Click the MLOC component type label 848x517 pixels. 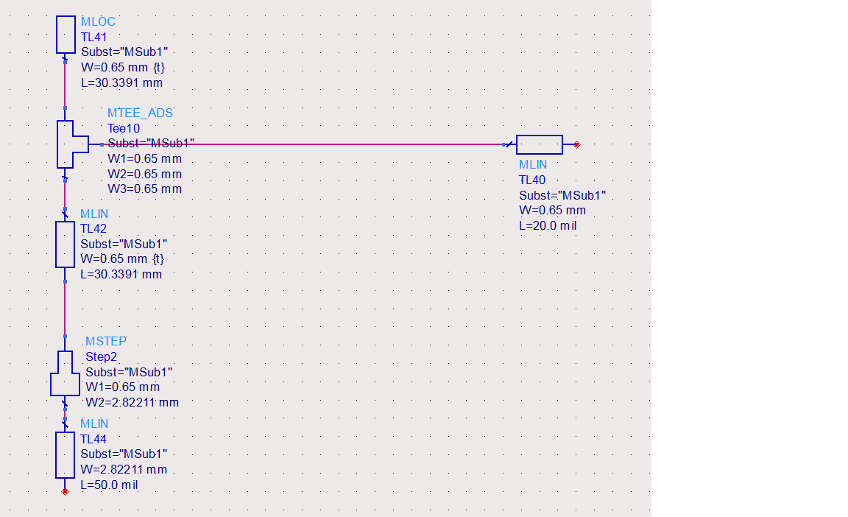(x=98, y=21)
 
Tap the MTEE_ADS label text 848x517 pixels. (x=140, y=113)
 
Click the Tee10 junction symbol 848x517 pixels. (x=72, y=144)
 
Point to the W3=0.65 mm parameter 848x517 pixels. (x=144, y=189)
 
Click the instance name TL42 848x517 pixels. (x=93, y=229)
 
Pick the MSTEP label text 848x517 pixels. (x=106, y=341)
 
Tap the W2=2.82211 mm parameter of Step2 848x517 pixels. (x=132, y=402)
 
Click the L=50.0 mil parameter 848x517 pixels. (x=109, y=485)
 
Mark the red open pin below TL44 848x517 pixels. (x=65, y=491)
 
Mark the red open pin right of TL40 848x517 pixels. (x=576, y=144)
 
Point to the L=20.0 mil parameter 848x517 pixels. (x=548, y=226)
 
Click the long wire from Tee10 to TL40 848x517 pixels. (x=303, y=144)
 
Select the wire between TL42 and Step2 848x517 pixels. (x=65, y=309)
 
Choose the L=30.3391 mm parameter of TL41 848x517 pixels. (x=121, y=82)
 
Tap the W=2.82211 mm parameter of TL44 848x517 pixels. (x=124, y=469)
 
